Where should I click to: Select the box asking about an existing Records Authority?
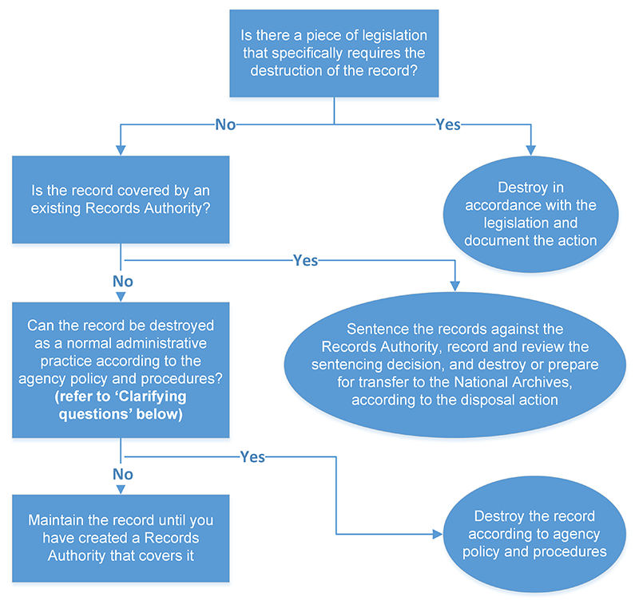121,199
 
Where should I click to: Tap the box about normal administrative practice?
121,369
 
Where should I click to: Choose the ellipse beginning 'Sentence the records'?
454,364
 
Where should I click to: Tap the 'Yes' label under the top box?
447,124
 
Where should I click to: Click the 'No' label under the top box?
224,124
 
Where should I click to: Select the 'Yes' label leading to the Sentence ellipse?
306,260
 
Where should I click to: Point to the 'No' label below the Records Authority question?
121,281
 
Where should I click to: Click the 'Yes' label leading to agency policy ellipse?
252,457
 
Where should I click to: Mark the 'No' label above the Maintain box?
121,475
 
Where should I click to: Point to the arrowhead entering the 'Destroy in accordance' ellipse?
530,148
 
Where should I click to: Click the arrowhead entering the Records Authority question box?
121,149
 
